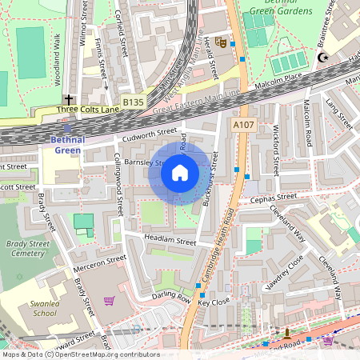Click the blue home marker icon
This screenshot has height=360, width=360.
(180, 173)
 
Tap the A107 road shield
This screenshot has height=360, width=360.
(243, 126)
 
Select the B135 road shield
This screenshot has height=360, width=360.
(134, 102)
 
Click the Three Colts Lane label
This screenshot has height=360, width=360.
(87, 109)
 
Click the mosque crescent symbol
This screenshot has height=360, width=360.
(324, 58)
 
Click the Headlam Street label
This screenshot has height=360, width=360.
(170, 241)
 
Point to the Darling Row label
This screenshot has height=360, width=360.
(171, 298)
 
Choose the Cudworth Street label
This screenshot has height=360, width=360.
(150, 133)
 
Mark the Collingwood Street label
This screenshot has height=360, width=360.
(119, 184)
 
